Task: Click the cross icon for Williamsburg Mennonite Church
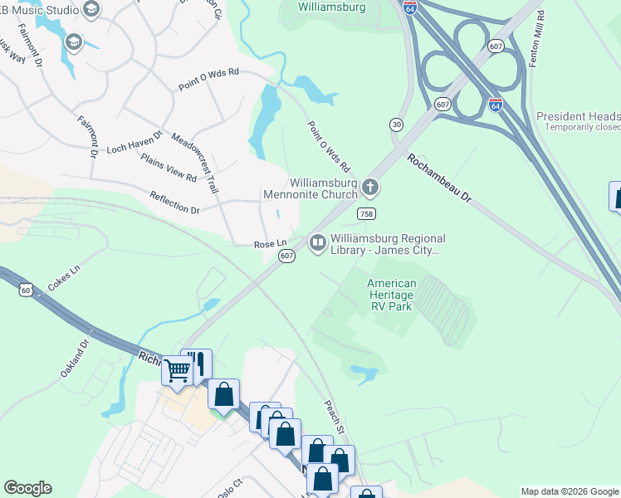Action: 370,188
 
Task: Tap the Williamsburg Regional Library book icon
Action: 316,243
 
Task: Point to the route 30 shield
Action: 397,124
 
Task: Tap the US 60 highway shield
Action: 26,290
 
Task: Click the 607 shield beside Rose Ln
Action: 286,256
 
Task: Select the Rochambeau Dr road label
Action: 439,177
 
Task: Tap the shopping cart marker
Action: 177,370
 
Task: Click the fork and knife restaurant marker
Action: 197,364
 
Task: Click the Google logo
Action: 27,488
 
